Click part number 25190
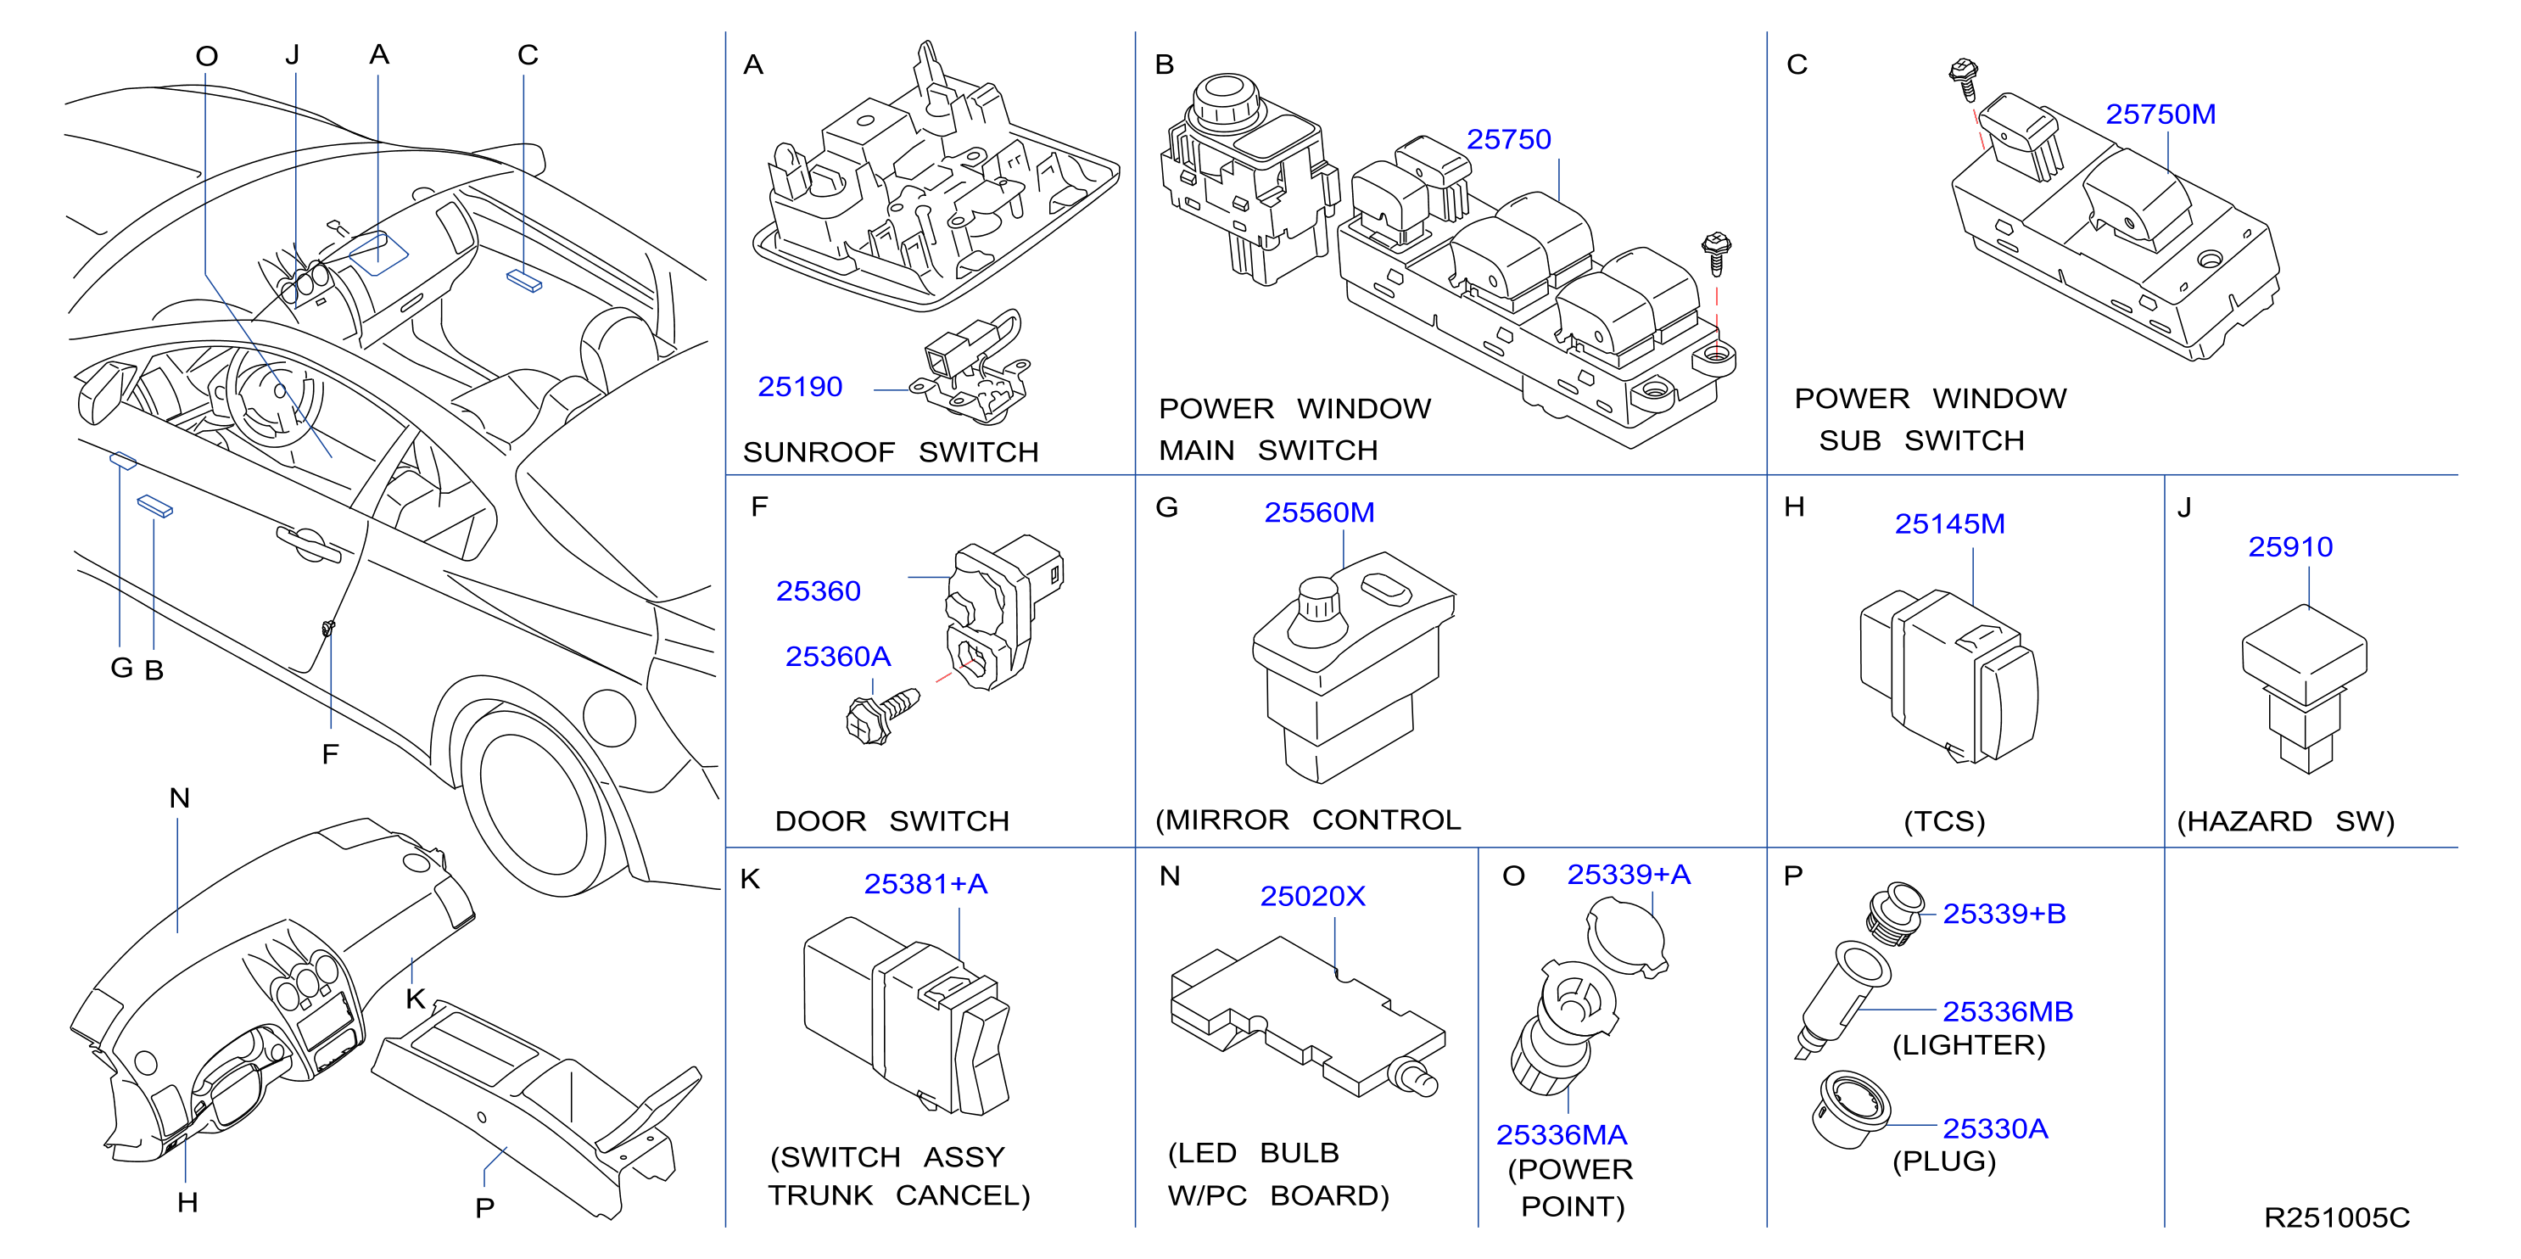[x=800, y=387]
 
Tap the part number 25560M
[x=1318, y=512]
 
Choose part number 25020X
[x=1311, y=896]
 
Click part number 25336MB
[x=2007, y=1011]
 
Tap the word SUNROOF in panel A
[x=819, y=452]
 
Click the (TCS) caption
[x=1943, y=820]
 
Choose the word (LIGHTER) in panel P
[x=1968, y=1045]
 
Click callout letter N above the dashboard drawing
[x=179, y=797]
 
